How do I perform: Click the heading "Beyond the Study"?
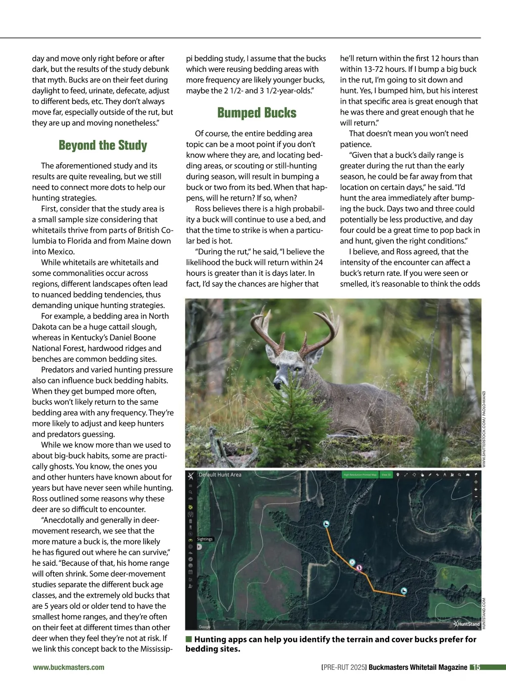pos(103,145)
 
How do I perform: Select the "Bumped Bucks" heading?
pos(257,113)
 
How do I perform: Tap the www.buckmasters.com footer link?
pos(69,667)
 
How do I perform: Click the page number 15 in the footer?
pos(476,667)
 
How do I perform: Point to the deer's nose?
pos(277,385)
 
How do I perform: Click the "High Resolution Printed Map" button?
pos(360,475)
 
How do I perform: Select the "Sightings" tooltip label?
pos(205,539)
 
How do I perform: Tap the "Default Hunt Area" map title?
pos(220,475)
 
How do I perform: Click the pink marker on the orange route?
pos(359,568)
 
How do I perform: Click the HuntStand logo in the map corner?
pos(467,624)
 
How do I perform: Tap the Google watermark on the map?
pos(205,627)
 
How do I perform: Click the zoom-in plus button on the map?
pos(476,490)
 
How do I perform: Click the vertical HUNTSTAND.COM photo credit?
pos(484,613)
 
